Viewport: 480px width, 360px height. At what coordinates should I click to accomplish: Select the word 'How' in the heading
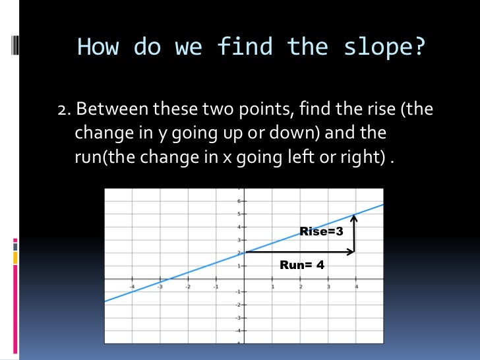pos(98,47)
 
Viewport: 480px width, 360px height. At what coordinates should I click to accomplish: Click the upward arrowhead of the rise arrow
pos(355,217)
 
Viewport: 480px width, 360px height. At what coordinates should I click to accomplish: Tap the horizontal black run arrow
pos(299,252)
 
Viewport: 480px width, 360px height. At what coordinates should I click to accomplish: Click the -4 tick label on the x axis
pos(132,287)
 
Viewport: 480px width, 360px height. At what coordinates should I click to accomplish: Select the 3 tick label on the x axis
pos(328,287)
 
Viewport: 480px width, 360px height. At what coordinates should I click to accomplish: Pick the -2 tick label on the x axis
pos(188,287)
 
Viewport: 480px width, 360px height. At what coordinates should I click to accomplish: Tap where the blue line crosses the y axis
pos(245,252)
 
